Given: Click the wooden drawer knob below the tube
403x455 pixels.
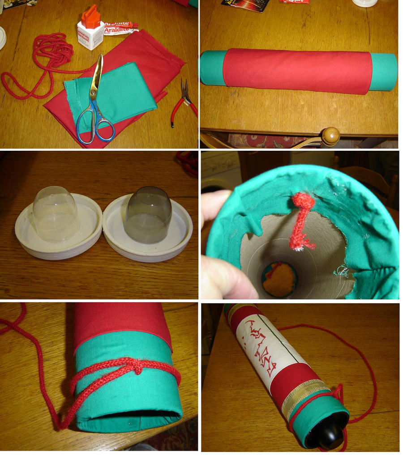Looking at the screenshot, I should [331, 136].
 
